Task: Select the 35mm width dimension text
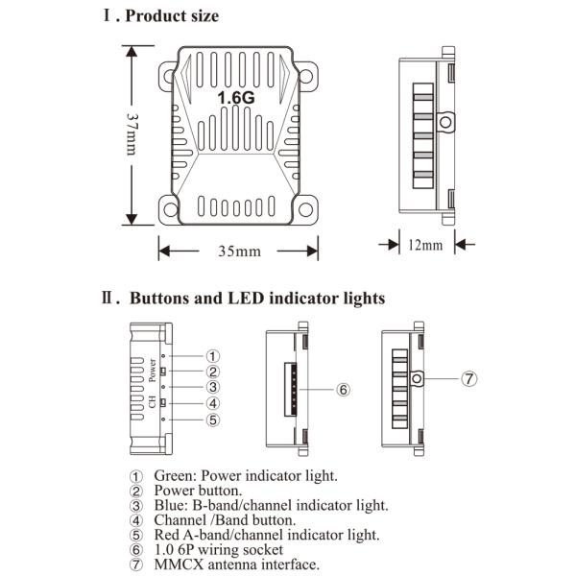point(239,252)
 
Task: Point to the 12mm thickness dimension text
point(425,245)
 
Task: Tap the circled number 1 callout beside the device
point(214,355)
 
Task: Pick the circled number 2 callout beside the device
point(214,371)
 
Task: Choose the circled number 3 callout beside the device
point(214,387)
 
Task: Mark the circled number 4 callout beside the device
point(214,403)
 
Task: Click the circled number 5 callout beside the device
point(214,420)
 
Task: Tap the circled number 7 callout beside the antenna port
point(468,378)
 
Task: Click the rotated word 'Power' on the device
point(153,370)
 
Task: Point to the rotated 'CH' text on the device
point(153,402)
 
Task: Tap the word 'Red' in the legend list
point(168,535)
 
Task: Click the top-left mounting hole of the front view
point(170,72)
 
